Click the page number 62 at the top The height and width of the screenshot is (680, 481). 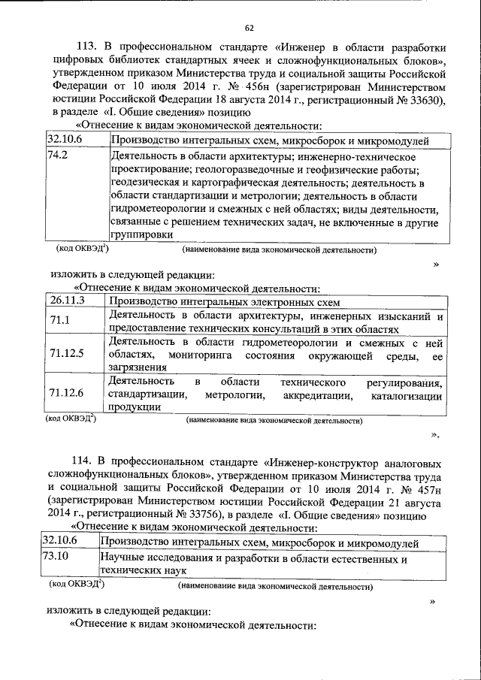[249, 28]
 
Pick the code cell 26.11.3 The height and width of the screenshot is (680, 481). [66, 301]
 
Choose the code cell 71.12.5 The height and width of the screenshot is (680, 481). [66, 352]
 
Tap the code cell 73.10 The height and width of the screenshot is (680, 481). [56, 559]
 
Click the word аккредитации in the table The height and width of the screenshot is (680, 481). [318, 394]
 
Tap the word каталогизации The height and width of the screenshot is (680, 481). [406, 394]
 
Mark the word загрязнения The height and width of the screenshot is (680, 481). [137, 367]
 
